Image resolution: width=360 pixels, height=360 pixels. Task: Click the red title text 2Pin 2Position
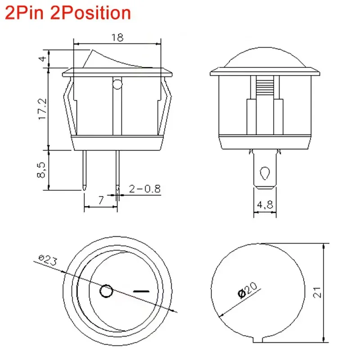point(68,13)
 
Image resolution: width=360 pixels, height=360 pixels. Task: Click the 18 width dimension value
point(117,38)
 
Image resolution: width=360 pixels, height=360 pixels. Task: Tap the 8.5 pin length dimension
point(41,171)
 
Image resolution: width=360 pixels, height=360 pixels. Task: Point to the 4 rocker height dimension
point(42,58)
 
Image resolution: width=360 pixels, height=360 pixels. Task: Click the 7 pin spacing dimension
point(101,199)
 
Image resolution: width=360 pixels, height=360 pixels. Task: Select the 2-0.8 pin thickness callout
point(144,189)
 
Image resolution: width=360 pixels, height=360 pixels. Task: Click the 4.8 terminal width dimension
point(265,205)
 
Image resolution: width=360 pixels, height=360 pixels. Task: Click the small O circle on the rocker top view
point(106,292)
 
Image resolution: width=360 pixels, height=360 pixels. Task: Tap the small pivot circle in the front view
point(117,84)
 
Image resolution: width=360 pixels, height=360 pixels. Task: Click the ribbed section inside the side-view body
point(265,85)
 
